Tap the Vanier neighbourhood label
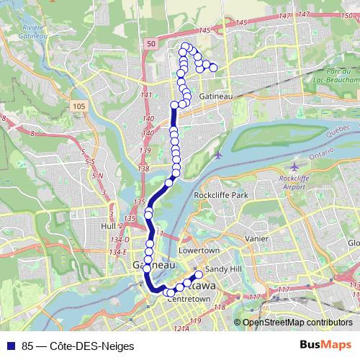tap(256, 238)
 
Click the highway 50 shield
tap(150, 44)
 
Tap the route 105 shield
tap(79, 106)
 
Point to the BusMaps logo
tap(330, 344)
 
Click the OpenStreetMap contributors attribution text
tap(297, 323)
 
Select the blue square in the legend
tap(9, 345)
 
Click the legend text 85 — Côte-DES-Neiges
tap(72, 345)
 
